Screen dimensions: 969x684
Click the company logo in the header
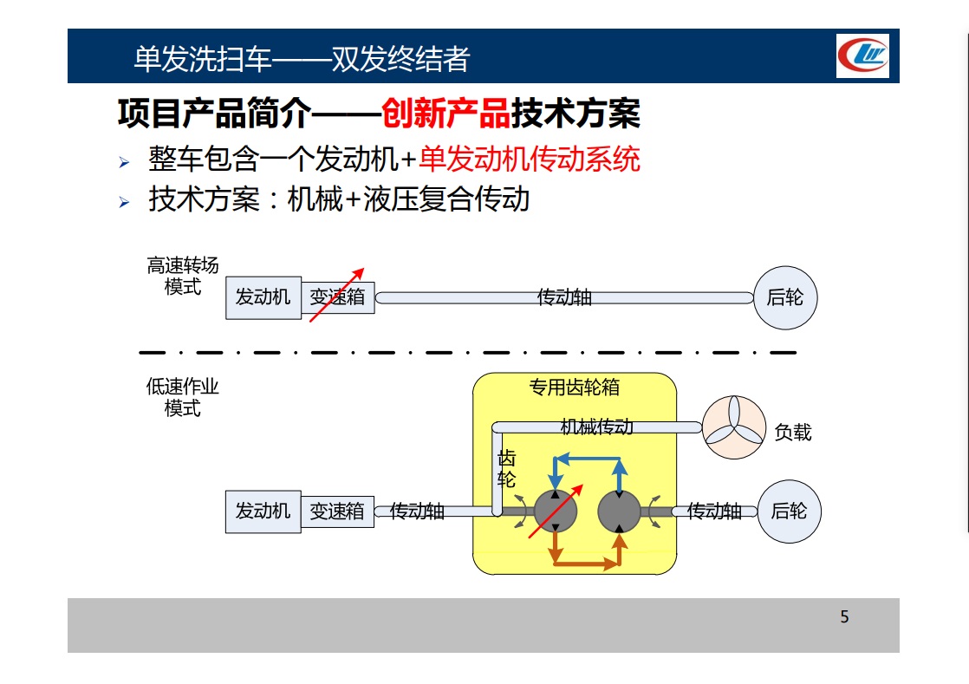pos(862,55)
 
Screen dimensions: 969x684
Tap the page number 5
pos(844,616)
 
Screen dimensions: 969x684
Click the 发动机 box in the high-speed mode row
pos(263,298)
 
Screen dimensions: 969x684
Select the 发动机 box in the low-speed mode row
pos(263,511)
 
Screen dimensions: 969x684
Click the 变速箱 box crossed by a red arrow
pos(337,297)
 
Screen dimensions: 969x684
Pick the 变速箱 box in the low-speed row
pos(337,511)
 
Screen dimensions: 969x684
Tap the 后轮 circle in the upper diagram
pos(785,298)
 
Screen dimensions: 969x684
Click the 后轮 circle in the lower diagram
pos(790,511)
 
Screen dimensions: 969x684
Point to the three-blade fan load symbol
pos(734,427)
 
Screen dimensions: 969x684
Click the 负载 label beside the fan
pos(793,432)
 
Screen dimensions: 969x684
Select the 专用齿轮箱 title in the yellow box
pos(574,388)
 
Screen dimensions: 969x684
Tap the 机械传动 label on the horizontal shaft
pos(596,427)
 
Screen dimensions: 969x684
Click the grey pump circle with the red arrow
pos(555,511)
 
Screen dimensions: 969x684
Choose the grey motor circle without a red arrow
pos(619,511)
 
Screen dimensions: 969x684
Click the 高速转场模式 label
pos(183,277)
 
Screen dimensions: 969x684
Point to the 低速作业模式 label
pos(183,397)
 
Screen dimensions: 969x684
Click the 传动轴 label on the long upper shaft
pos(564,298)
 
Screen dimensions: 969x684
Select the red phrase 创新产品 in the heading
pos(445,114)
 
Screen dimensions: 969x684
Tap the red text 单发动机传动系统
pos(530,160)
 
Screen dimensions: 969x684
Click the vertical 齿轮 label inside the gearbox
pos(506,469)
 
